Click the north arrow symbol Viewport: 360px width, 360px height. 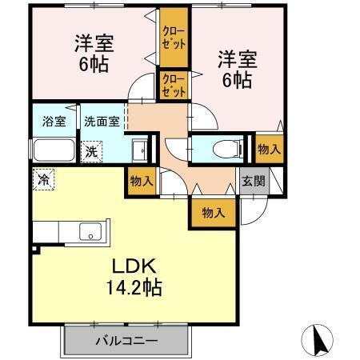coord(319,340)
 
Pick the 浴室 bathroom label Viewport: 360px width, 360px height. coord(54,122)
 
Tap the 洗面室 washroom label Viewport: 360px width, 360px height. coord(103,122)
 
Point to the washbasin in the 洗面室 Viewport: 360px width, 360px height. coord(138,150)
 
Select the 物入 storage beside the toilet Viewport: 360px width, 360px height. coord(269,150)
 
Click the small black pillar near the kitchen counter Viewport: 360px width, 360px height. coord(34,250)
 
